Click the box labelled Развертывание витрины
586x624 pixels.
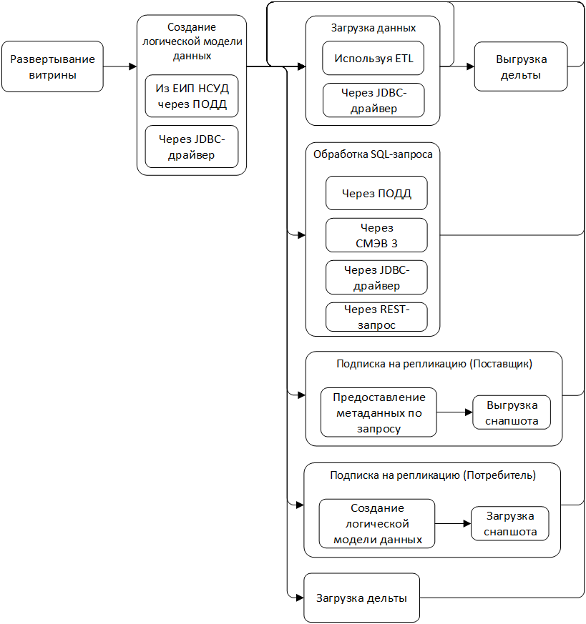pos(52,66)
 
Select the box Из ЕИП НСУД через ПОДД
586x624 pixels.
pos(191,96)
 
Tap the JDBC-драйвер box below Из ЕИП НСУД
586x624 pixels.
pos(191,147)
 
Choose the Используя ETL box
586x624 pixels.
pos(373,59)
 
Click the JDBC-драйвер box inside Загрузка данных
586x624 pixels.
pos(373,100)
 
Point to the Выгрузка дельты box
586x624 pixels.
pos(520,66)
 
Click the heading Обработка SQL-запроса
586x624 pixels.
pos(373,154)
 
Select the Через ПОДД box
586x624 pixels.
pos(376,193)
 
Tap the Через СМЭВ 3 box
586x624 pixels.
pos(376,235)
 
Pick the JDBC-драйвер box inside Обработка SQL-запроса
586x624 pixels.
pos(376,277)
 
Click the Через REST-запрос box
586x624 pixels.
pos(376,317)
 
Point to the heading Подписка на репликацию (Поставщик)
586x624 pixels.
pos(434,364)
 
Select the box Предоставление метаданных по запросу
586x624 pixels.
pos(379,412)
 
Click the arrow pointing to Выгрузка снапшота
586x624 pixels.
pos(454,412)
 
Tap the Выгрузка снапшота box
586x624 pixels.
pos(511,412)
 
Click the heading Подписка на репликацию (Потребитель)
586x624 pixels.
pos(432,475)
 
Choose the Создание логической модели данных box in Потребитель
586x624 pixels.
pos(377,523)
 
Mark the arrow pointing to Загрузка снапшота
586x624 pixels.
pos(453,523)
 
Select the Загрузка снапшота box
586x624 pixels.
pos(509,524)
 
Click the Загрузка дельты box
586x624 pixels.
pos(361,598)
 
